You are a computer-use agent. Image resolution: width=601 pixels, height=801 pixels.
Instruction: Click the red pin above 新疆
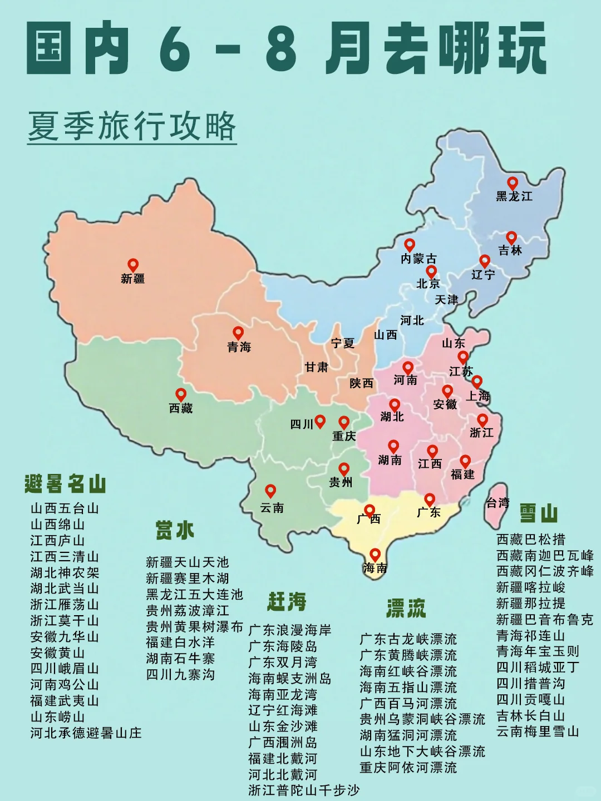coord(132,265)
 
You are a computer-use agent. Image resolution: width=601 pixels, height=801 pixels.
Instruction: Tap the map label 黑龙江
coord(514,196)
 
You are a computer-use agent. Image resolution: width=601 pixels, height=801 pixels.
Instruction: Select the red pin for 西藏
coord(180,395)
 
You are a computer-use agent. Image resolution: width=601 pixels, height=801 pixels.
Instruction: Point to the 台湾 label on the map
coord(497,503)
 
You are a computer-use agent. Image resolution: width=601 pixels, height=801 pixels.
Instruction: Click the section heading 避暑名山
coord(65,484)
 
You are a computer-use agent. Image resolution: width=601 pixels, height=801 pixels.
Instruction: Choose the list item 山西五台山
coord(65,508)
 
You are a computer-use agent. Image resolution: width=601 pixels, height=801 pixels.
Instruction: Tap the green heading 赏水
coord(174,530)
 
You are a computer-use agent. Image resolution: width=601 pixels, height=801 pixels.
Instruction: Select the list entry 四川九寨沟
coord(180,675)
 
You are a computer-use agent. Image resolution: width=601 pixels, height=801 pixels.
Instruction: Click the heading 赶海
coord(287,601)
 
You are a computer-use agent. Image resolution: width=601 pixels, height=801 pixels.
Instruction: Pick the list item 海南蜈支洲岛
coord(289,679)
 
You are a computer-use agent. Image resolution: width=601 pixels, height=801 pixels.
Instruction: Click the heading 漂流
coord(406,609)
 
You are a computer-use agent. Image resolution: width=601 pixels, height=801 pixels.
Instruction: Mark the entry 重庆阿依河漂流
coord(408,768)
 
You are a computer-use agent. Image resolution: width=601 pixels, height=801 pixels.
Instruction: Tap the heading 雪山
coord(538,513)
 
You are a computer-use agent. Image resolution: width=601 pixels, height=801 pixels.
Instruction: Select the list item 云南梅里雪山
coord(538,731)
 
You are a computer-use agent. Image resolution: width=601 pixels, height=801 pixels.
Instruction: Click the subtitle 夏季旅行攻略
coord(132,127)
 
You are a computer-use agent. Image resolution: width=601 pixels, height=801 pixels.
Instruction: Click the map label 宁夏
coord(342,343)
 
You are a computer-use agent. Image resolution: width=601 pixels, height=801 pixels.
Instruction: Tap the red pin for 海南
coord(375,555)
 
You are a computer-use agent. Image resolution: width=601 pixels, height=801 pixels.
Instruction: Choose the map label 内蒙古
coord(418,259)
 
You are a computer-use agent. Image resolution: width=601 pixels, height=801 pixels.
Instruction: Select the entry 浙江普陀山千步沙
coord(304,790)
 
